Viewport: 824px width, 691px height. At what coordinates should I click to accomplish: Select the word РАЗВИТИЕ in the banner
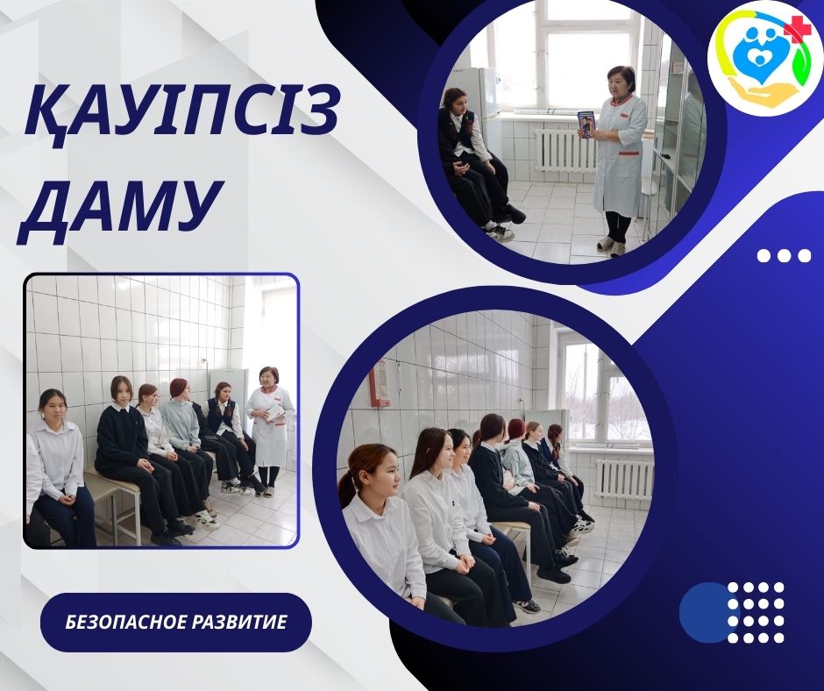pos(239,622)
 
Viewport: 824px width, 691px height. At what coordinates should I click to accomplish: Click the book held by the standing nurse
pos(586,125)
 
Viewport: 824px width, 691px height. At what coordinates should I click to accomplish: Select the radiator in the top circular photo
pos(564,151)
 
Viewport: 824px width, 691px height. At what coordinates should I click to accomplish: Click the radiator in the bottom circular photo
pos(624,479)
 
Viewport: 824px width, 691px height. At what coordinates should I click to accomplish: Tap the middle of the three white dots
pos(784,255)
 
